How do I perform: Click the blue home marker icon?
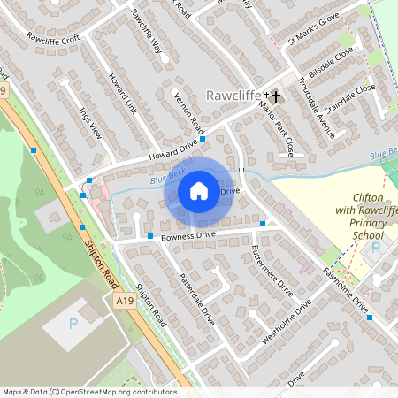(199, 190)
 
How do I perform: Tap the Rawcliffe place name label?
(233, 95)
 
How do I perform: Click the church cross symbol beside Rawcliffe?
(274, 95)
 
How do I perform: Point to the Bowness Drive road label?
(194, 235)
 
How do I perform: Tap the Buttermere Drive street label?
(272, 270)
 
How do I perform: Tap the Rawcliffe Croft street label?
(53, 39)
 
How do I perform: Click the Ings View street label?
(90, 126)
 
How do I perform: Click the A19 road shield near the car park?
(125, 302)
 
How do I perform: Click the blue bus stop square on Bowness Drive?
(150, 236)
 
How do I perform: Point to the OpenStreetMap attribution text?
(88, 392)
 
